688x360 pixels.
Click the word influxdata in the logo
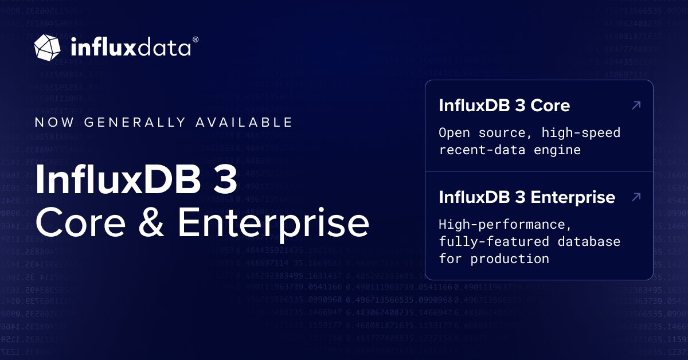pos(130,47)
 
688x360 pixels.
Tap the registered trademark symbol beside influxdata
pos(196,40)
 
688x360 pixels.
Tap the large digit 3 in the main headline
pos(225,179)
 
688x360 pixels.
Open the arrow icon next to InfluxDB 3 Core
pos(635,105)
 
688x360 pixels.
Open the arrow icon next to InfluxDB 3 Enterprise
pos(635,197)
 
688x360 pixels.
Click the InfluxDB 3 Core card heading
pos(504,105)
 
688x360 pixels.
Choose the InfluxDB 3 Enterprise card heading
pos(527,197)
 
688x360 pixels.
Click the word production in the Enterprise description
pos(510,259)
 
